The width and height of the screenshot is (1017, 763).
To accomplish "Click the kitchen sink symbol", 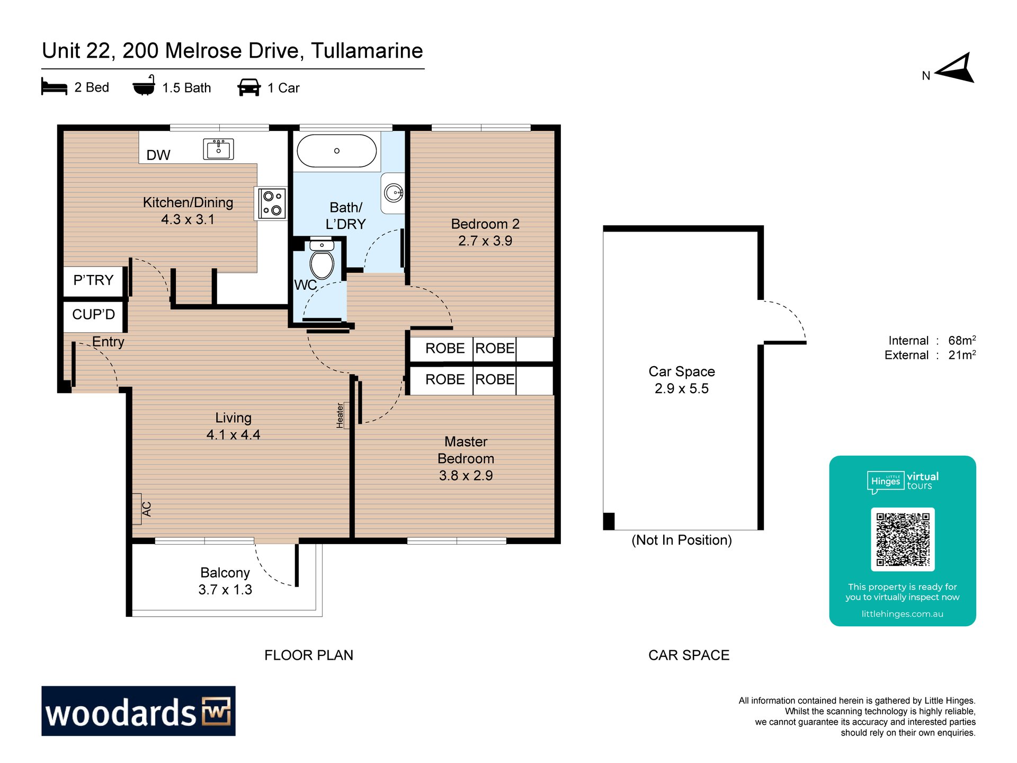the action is pyautogui.click(x=218, y=149).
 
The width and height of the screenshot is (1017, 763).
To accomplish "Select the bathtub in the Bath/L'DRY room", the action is pyautogui.click(x=337, y=151).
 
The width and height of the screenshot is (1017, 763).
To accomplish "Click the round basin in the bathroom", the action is pyautogui.click(x=394, y=192).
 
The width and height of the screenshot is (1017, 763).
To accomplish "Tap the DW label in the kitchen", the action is pyautogui.click(x=158, y=155).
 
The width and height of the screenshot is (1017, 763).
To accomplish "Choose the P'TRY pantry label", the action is pyautogui.click(x=93, y=280).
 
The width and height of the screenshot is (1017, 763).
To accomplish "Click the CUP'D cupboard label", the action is pyautogui.click(x=94, y=315).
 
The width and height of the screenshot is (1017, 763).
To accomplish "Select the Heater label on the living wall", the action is pyautogui.click(x=340, y=415).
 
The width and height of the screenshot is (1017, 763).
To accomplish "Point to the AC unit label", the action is pyautogui.click(x=147, y=509).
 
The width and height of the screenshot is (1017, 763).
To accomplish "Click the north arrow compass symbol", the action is pyautogui.click(x=954, y=68).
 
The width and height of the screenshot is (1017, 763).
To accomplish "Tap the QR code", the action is pyautogui.click(x=903, y=539).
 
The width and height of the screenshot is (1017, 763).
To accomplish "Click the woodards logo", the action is pyautogui.click(x=138, y=711).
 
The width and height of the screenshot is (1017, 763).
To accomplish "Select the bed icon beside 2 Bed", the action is pyautogui.click(x=54, y=87).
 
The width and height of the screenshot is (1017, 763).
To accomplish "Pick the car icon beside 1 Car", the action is pyautogui.click(x=249, y=87).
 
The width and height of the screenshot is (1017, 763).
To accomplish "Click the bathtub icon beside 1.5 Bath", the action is pyautogui.click(x=144, y=85).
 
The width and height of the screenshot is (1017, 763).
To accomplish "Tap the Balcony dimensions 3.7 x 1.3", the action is pyautogui.click(x=225, y=590).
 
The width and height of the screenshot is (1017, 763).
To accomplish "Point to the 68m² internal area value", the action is pyautogui.click(x=962, y=340).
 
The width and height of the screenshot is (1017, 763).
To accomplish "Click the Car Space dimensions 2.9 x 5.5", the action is pyautogui.click(x=682, y=388).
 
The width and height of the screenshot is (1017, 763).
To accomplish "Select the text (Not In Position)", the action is pyautogui.click(x=682, y=540).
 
